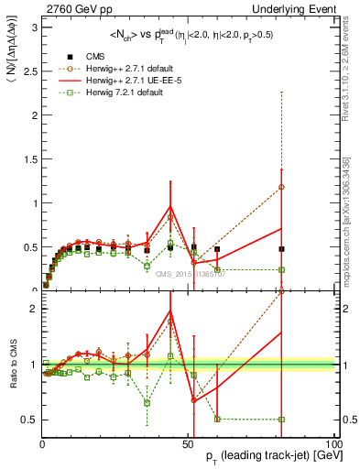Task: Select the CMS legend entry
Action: [x=94, y=55]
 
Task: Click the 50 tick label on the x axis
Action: [x=189, y=445]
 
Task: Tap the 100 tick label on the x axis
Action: [x=333, y=445]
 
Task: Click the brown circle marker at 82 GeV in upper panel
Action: [x=281, y=187]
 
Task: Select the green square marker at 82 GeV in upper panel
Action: [x=281, y=269]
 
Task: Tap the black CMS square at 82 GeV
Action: [x=281, y=248]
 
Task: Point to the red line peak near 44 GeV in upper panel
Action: [x=170, y=206]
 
